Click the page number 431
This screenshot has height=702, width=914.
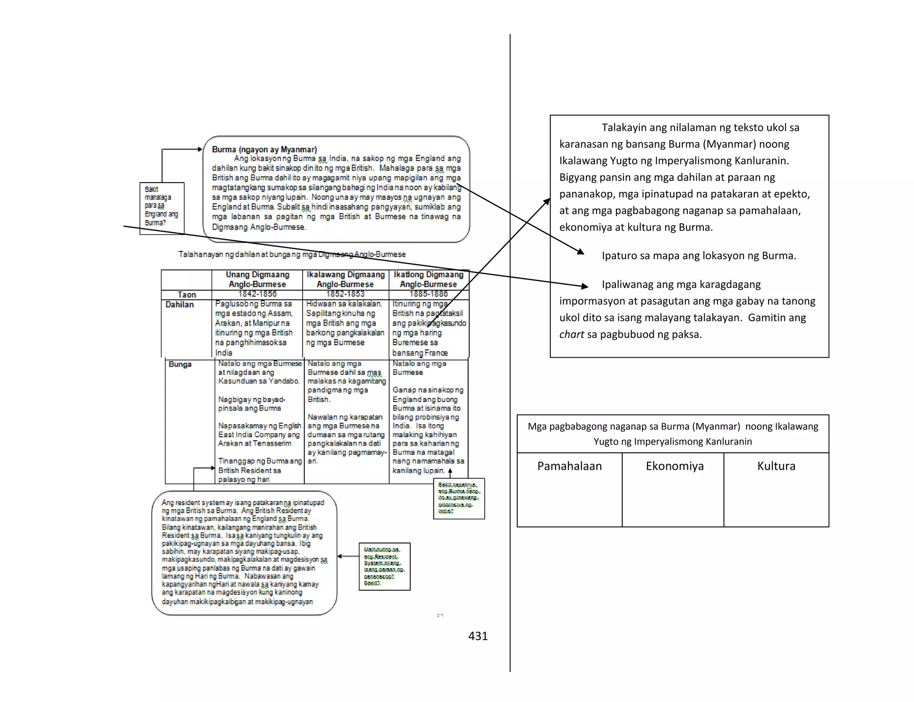pos(478,636)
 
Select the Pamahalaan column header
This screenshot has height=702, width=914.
pos(569,466)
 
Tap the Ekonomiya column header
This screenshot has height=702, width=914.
pos(674,466)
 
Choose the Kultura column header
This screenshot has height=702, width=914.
pos(776,466)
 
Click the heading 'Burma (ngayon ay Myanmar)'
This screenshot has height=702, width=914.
pos(264,150)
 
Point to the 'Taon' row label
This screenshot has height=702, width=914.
pos(187,295)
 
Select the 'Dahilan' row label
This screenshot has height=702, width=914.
pos(179,305)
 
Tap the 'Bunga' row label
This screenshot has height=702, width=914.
pos(180,364)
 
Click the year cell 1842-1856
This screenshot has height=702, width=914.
pos(257,294)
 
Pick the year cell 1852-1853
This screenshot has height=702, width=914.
pos(345,294)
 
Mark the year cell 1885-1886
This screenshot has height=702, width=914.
pos(428,294)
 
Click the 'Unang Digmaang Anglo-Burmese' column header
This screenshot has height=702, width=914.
pos(257,280)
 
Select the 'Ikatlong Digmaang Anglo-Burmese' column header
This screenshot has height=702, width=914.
pos(428,280)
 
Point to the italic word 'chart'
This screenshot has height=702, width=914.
pos(571,334)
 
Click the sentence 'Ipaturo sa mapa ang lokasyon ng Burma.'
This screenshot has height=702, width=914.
pos(698,256)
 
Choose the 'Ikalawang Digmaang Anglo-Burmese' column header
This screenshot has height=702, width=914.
pos(345,280)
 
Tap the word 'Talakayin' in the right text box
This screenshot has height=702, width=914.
pos(624,128)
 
